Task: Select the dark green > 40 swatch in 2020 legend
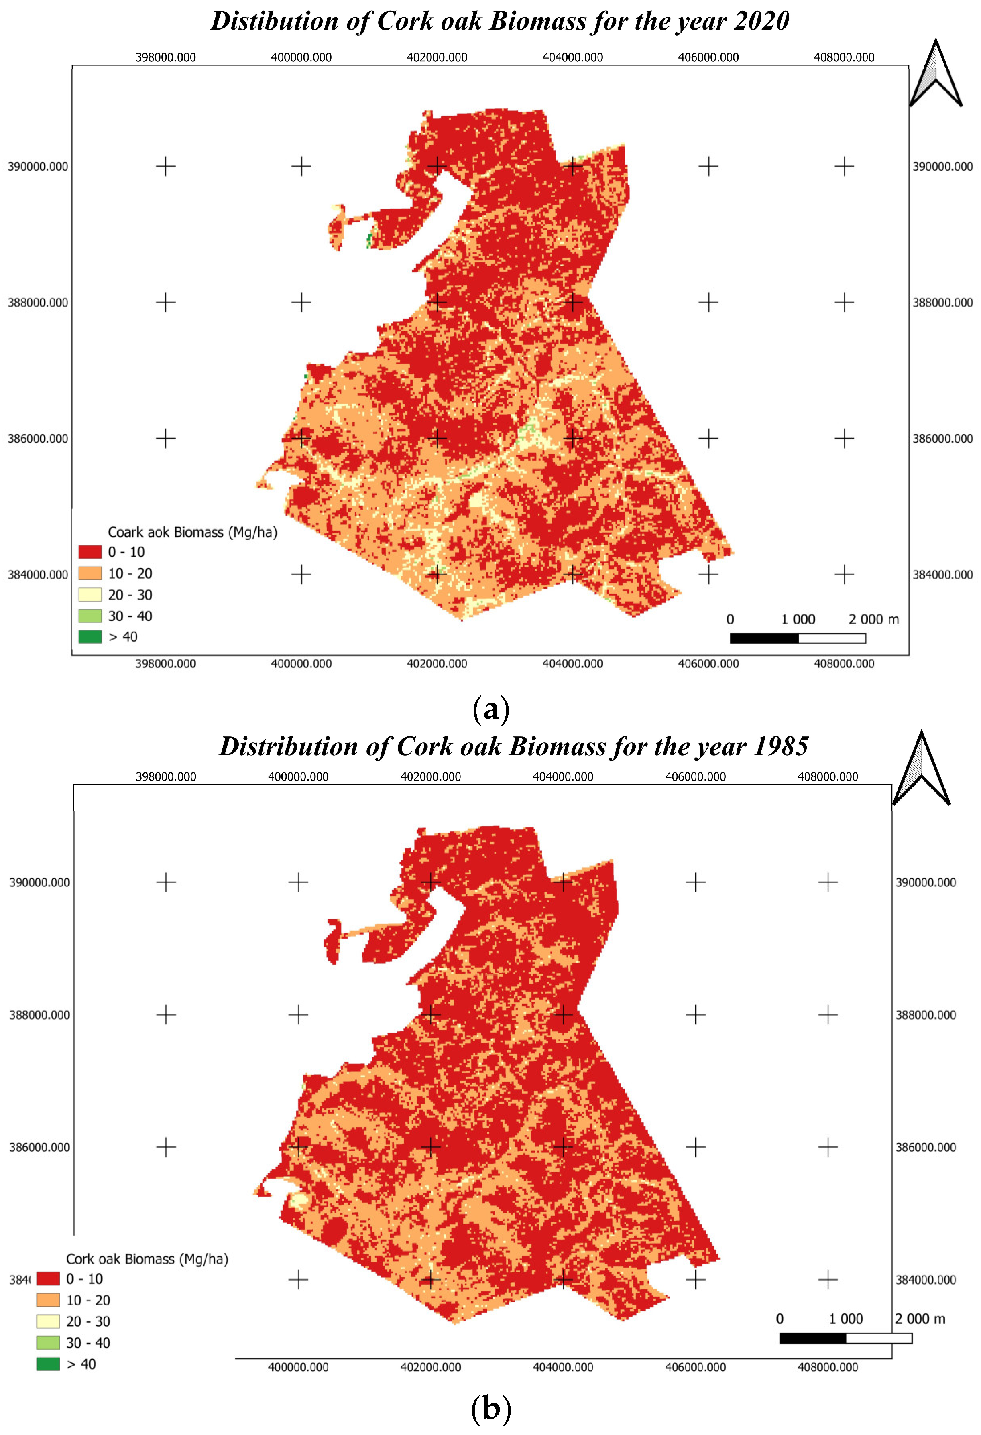(90, 636)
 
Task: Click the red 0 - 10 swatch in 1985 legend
(48, 1279)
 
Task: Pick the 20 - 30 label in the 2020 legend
(130, 595)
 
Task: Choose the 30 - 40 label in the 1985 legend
(88, 1343)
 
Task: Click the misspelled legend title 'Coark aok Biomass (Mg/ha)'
(192, 532)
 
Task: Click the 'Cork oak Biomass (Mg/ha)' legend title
(147, 1259)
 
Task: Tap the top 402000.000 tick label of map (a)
(437, 57)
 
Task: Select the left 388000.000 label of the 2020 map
(38, 303)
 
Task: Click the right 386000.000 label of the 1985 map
(925, 1147)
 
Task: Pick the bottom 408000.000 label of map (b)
(827, 1367)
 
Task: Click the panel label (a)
(490, 709)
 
